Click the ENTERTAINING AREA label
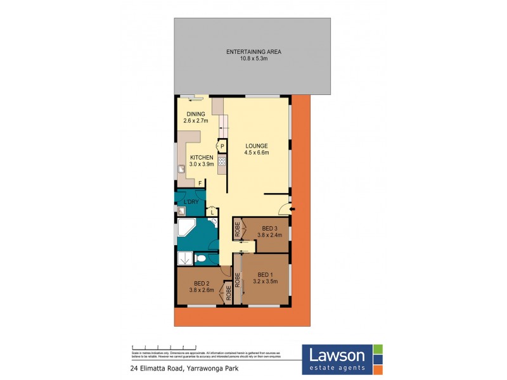(x=253, y=51)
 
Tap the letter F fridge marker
(x=200, y=184)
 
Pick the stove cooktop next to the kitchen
(x=222, y=162)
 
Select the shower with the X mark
(x=184, y=257)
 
